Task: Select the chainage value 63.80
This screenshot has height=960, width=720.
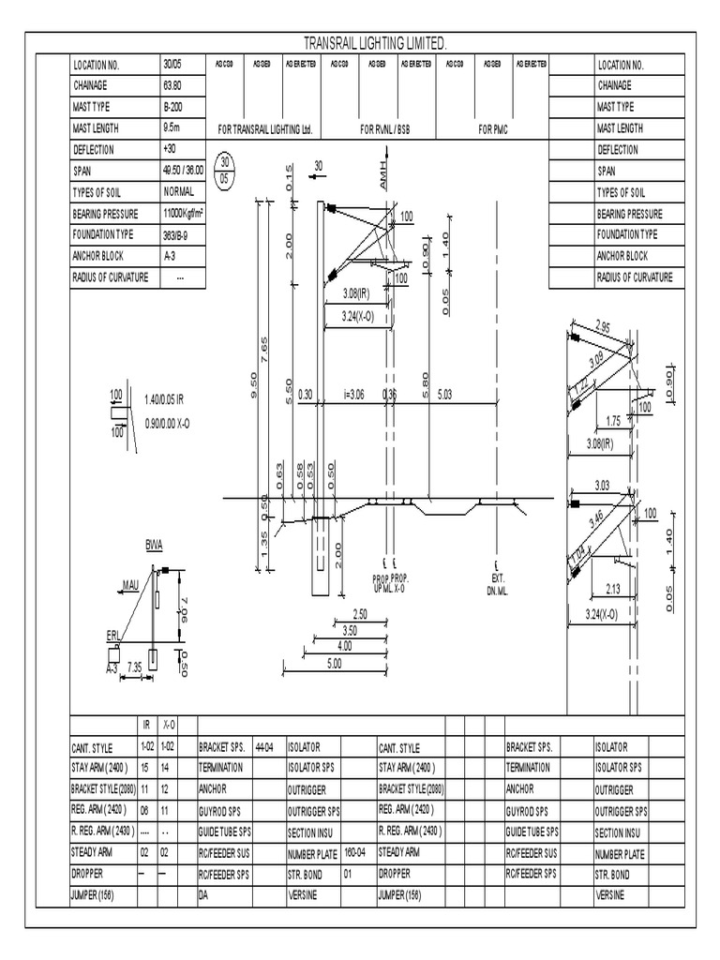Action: click(172, 86)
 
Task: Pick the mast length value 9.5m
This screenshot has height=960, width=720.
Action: click(172, 128)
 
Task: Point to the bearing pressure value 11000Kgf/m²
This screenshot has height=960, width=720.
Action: click(184, 214)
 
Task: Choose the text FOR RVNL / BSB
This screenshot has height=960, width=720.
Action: click(385, 129)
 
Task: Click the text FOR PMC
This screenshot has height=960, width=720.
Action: click(492, 129)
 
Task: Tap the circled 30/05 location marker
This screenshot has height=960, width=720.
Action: click(224, 171)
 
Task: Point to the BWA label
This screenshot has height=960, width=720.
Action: click(153, 544)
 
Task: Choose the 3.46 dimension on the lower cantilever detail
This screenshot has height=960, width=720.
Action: click(596, 518)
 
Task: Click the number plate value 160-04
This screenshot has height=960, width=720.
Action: click(354, 851)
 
